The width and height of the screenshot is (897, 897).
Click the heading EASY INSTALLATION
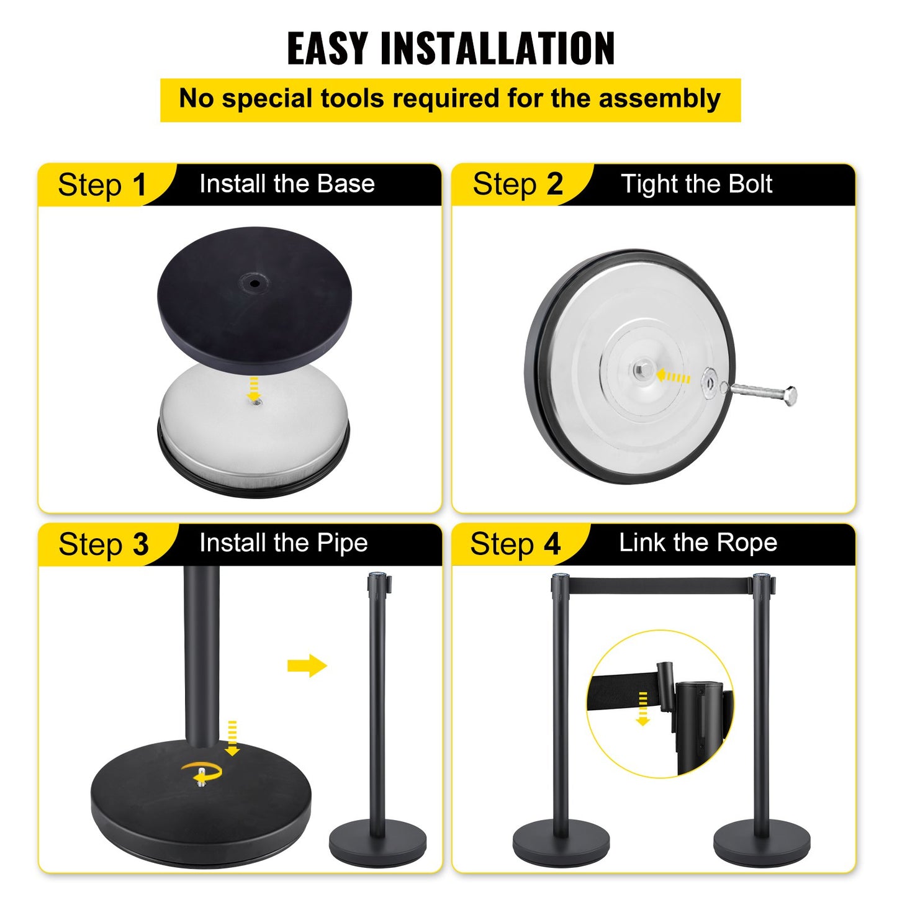450,48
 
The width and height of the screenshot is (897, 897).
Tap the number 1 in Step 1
139,185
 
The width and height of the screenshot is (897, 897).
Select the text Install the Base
287,184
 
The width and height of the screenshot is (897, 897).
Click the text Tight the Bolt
696,184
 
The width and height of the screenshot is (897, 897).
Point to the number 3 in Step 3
140,544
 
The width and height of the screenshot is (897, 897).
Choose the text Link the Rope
698,543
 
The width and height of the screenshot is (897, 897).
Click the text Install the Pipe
284,543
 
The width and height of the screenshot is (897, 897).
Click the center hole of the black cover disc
255,284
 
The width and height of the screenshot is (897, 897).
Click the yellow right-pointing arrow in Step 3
307,666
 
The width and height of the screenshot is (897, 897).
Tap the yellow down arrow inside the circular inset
643,709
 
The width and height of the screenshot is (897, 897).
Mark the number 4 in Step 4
552,544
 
